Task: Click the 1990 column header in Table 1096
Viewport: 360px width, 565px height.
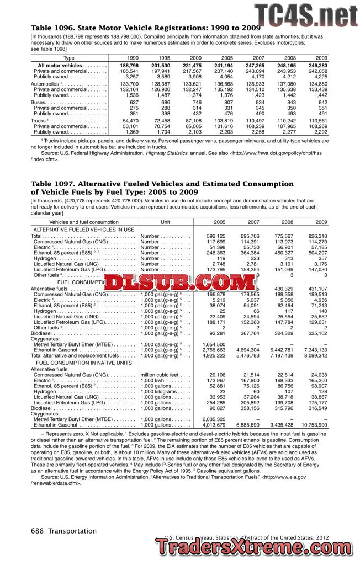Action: coord(133,57)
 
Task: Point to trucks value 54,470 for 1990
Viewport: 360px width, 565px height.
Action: coord(130,120)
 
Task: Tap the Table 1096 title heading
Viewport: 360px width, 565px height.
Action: coord(145,28)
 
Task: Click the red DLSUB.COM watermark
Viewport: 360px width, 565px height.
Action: coord(179,283)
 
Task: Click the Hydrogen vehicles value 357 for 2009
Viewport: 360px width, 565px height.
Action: coord(321,258)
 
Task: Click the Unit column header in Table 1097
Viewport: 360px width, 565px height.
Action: coord(165,222)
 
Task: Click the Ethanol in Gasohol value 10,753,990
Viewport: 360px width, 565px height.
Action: coord(315,425)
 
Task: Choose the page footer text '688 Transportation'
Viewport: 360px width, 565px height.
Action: coord(63,531)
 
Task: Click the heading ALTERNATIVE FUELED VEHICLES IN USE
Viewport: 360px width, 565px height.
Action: coord(84,229)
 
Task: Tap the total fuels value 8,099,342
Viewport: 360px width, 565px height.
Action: coord(315,356)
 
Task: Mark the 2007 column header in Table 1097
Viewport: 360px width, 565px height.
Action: coord(253,222)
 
